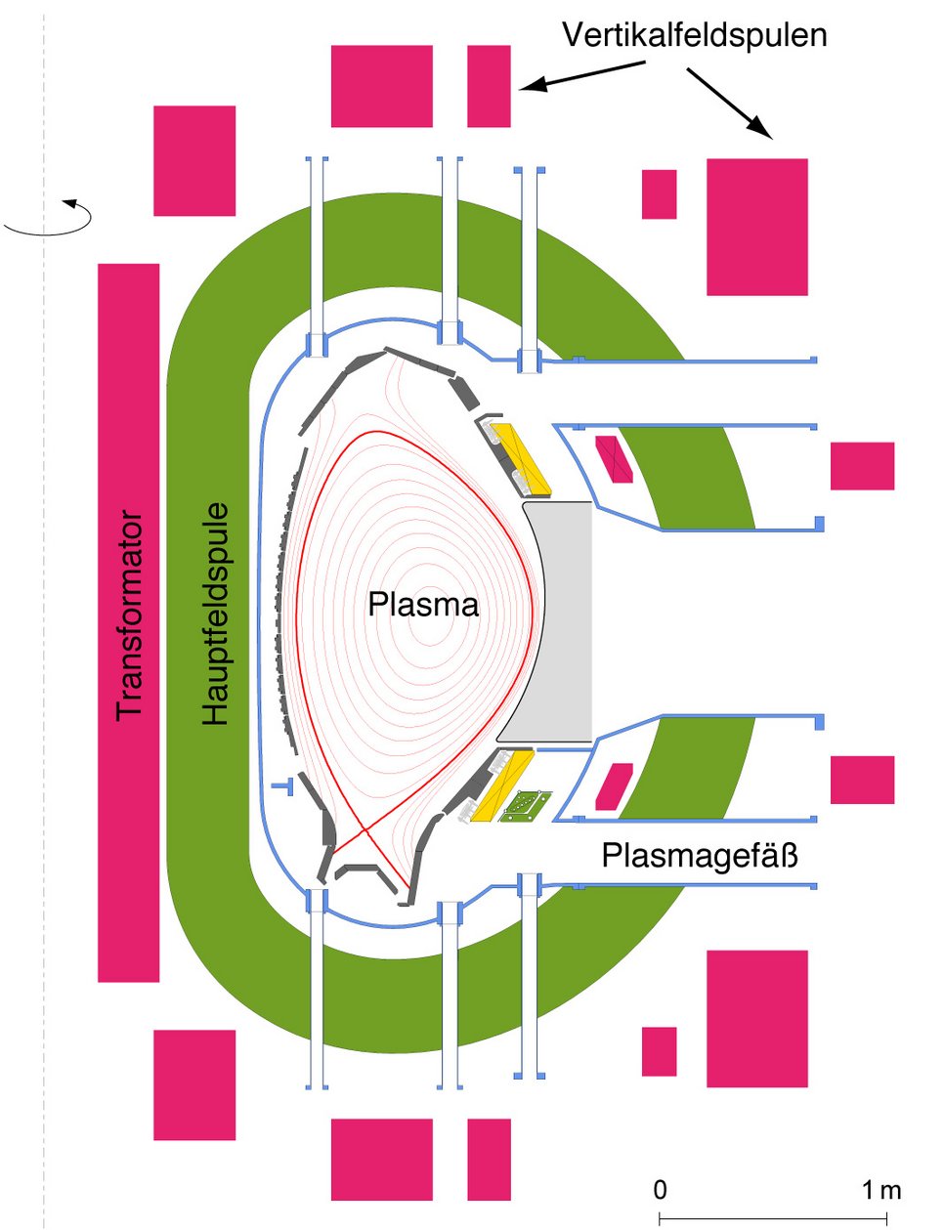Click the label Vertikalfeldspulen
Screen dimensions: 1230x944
tap(694, 35)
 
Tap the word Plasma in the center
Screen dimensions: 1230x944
tap(423, 605)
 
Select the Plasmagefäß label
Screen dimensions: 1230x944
tap(699, 856)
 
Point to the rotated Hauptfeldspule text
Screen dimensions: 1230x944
tap(215, 614)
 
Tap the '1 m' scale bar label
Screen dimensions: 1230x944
tap(880, 1190)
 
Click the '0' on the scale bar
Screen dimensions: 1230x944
tap(661, 1190)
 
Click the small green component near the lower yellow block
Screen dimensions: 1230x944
tap(525, 806)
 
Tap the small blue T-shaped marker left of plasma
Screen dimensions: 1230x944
tap(283, 785)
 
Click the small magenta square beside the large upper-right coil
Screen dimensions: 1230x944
tap(659, 194)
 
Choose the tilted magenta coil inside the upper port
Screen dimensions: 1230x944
tap(615, 459)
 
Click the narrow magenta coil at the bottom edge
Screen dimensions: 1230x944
tap(489, 1159)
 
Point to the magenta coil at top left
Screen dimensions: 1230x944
tap(194, 160)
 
